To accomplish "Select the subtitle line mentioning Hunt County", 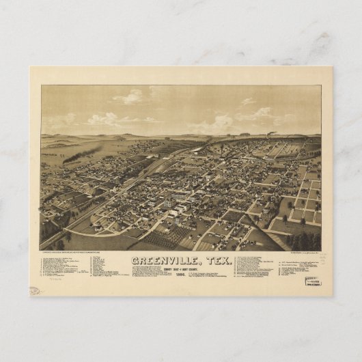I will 181,268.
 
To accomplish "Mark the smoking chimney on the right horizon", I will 270,134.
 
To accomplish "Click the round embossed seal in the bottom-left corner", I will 35,290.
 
